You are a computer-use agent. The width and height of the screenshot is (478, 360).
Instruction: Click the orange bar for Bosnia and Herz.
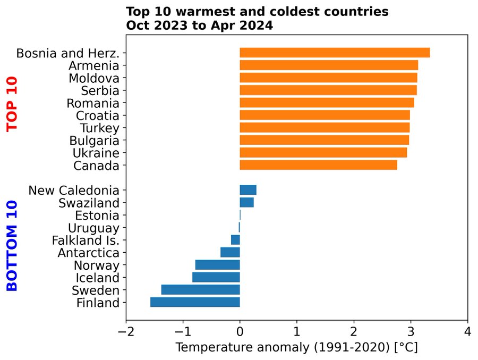click(x=335, y=53)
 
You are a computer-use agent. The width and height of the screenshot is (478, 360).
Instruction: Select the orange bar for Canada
click(x=318, y=165)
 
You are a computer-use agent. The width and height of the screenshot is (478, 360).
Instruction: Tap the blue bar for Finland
click(x=195, y=302)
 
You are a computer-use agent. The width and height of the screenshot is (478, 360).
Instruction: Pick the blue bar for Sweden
click(x=200, y=289)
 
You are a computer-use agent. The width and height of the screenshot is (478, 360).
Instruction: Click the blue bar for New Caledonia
click(x=248, y=190)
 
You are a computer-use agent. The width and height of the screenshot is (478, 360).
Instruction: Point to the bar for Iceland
click(x=216, y=277)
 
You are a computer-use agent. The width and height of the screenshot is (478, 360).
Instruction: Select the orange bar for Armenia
click(x=329, y=65)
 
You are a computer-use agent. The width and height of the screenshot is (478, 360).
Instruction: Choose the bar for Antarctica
click(x=230, y=252)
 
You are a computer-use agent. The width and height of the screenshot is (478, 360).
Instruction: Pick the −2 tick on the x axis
click(x=126, y=332)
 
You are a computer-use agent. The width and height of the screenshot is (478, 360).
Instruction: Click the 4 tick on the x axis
click(x=467, y=332)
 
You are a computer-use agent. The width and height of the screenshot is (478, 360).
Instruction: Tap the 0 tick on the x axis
click(x=240, y=332)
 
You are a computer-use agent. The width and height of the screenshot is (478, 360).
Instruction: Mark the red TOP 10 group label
click(x=12, y=104)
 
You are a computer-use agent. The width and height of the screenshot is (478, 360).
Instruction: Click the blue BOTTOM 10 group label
click(x=12, y=245)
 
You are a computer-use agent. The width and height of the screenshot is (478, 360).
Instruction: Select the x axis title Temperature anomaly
click(x=297, y=348)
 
